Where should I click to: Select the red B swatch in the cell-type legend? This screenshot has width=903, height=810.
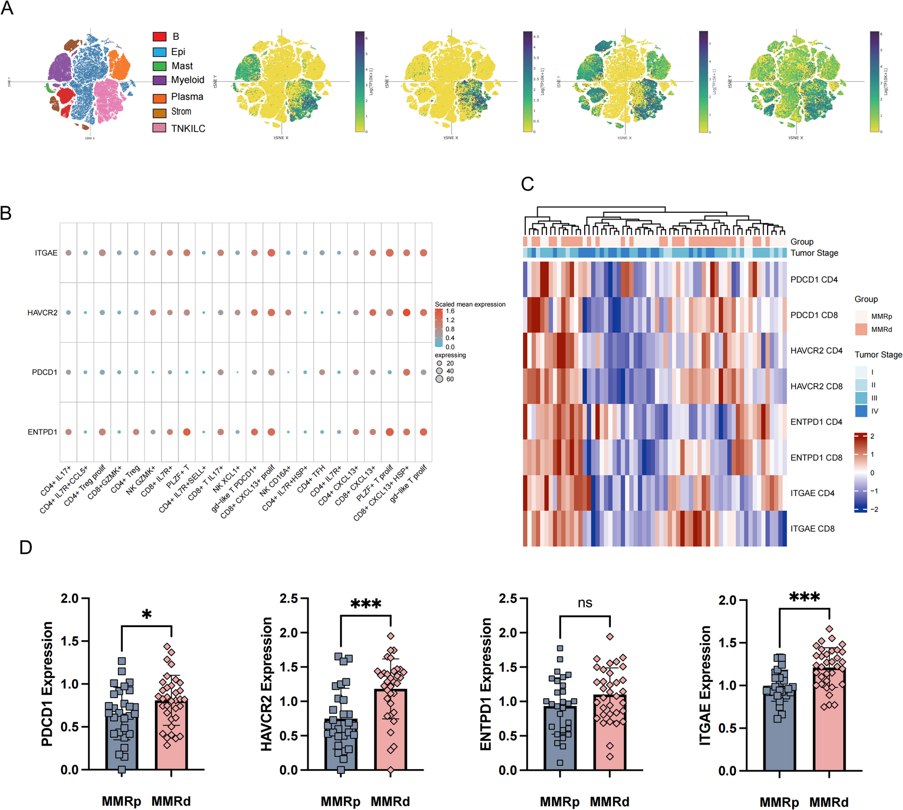[x=159, y=37]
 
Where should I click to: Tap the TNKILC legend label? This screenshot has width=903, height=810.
[x=188, y=128]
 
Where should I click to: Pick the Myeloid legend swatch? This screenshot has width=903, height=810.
[x=159, y=80]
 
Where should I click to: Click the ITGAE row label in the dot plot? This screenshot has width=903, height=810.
[x=46, y=253]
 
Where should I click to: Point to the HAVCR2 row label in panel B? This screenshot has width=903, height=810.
[x=42, y=313]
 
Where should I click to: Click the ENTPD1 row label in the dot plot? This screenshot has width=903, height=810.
[x=42, y=432]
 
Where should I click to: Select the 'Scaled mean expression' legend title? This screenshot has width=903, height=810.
[x=470, y=304]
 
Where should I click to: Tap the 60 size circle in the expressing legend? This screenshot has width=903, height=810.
[x=439, y=379]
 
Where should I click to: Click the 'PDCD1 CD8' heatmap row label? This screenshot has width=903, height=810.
[x=813, y=315]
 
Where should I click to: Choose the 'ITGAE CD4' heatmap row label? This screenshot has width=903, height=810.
[x=812, y=493]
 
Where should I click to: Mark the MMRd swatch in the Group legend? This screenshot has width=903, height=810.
[x=861, y=329]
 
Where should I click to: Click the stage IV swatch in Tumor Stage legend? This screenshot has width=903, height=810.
[x=861, y=411]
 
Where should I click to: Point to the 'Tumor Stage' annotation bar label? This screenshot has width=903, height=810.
[x=814, y=253]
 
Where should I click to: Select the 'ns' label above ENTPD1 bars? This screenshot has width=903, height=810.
[x=585, y=603]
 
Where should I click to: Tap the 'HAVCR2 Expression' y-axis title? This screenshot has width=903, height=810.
[x=267, y=684]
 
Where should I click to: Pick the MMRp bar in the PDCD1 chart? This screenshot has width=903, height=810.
[x=121, y=737]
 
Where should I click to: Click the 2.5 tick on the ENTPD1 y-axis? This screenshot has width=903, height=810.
[x=508, y=599]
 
